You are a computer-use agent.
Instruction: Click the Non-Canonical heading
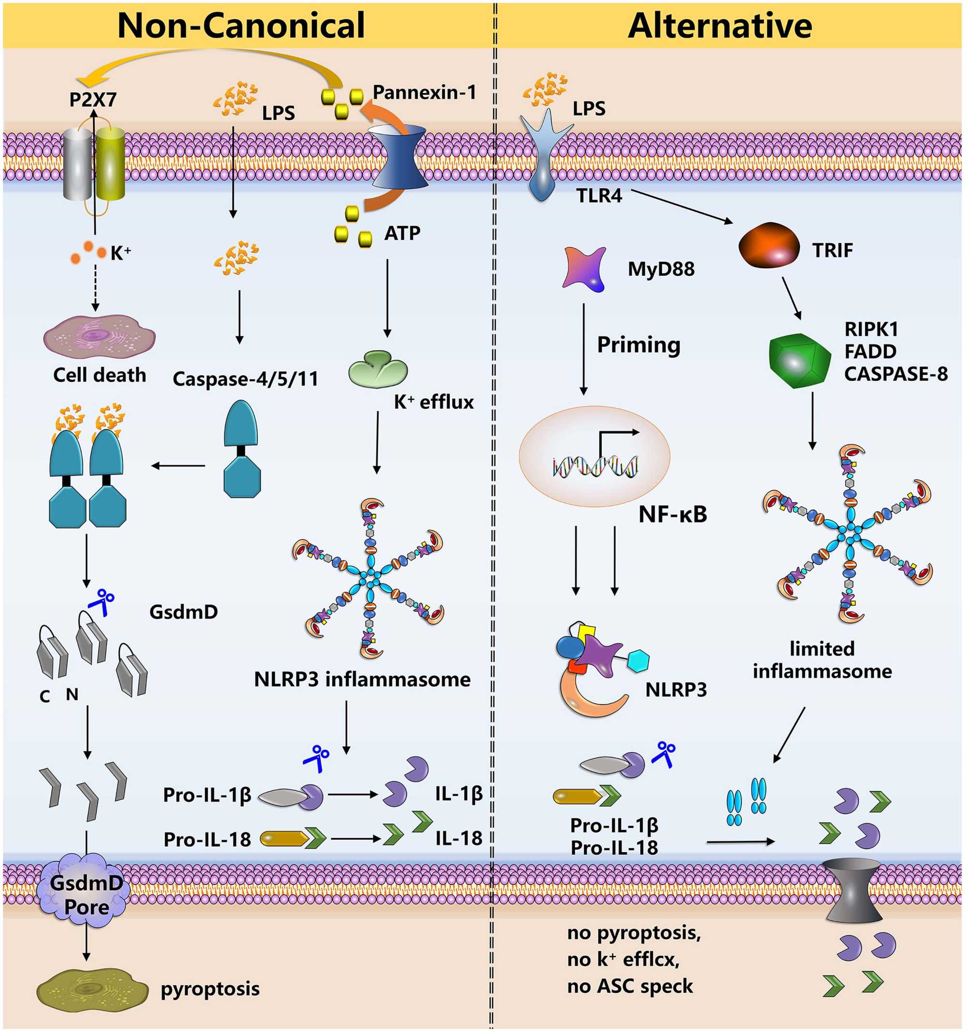click(241, 25)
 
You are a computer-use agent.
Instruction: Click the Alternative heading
click(720, 25)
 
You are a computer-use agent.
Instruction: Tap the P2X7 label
click(93, 100)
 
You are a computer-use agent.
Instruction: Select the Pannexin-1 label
click(424, 92)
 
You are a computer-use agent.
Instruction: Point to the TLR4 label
click(599, 196)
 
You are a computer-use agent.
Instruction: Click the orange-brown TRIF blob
click(769, 245)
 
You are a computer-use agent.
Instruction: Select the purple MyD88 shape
click(584, 268)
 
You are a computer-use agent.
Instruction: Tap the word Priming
click(639, 345)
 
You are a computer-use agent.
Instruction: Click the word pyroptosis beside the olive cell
click(210, 988)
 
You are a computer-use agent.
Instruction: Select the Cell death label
click(99, 375)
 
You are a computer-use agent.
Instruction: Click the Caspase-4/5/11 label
click(245, 379)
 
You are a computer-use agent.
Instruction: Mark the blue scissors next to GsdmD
click(102, 602)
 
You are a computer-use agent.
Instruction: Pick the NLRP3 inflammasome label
click(362, 679)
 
